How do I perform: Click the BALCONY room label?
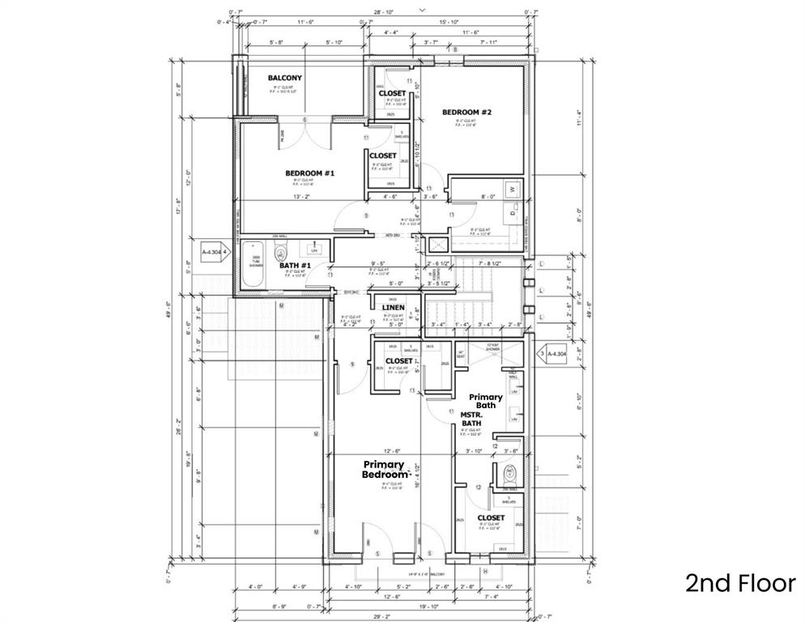point(284,78)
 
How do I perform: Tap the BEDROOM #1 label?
point(309,173)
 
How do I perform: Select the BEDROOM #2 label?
point(466,112)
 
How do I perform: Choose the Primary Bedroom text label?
point(384,469)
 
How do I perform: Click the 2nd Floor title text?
point(740,583)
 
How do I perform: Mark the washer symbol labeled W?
point(511,190)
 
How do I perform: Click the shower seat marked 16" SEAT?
point(462,354)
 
